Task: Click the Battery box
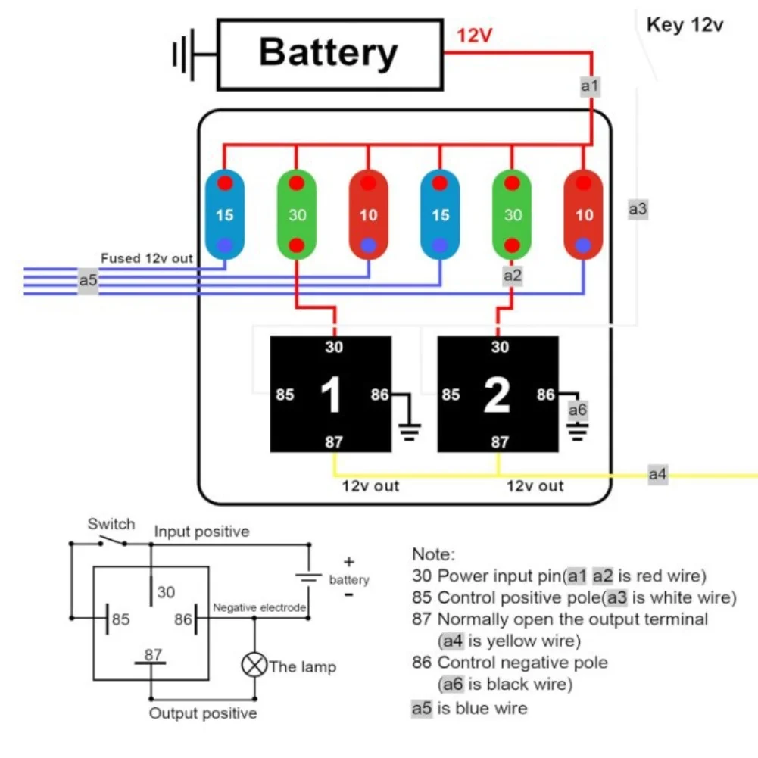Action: [329, 55]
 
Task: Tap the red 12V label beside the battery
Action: [474, 36]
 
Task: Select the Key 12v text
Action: [685, 25]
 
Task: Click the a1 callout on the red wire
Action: [590, 86]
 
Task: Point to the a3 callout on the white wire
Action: [638, 209]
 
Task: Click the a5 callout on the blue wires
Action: [89, 280]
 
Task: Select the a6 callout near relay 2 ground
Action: [577, 410]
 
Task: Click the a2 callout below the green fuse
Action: [513, 276]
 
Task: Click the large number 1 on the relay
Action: [331, 395]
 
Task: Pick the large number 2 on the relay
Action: [497, 395]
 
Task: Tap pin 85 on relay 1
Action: [285, 395]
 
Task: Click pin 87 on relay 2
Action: [500, 442]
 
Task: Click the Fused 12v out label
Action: [147, 258]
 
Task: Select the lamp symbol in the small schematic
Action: [254, 666]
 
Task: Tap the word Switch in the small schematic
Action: [111, 524]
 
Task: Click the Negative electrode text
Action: [259, 607]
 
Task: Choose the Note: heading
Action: [433, 554]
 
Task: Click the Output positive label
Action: [203, 713]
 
